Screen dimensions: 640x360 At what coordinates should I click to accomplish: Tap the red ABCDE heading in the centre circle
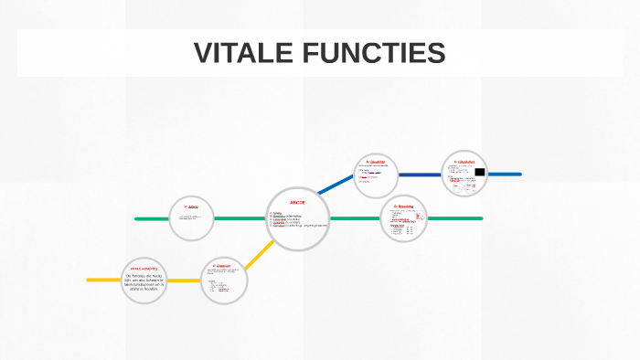(297, 201)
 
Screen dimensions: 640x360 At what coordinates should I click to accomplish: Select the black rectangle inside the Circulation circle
(479, 172)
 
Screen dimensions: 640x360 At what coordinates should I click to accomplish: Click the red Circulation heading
(464, 162)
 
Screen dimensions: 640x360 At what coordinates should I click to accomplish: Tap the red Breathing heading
(403, 206)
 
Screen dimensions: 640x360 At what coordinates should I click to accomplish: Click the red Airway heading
(192, 207)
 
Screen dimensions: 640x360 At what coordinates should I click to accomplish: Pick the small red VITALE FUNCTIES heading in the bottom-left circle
(148, 269)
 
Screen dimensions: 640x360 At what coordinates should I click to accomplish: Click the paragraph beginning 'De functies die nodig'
(148, 281)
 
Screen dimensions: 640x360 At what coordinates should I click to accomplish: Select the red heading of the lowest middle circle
(222, 266)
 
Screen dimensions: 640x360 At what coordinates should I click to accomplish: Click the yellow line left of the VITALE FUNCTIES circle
(103, 280)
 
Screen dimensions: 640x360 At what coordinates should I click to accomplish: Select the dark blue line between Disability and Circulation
(419, 174)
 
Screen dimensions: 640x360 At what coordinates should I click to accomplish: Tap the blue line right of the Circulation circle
(506, 174)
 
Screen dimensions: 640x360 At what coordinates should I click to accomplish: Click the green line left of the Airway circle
(152, 218)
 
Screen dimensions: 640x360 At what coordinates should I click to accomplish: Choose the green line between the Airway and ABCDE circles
(240, 218)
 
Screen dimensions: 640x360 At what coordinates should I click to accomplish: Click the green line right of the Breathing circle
(454, 218)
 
